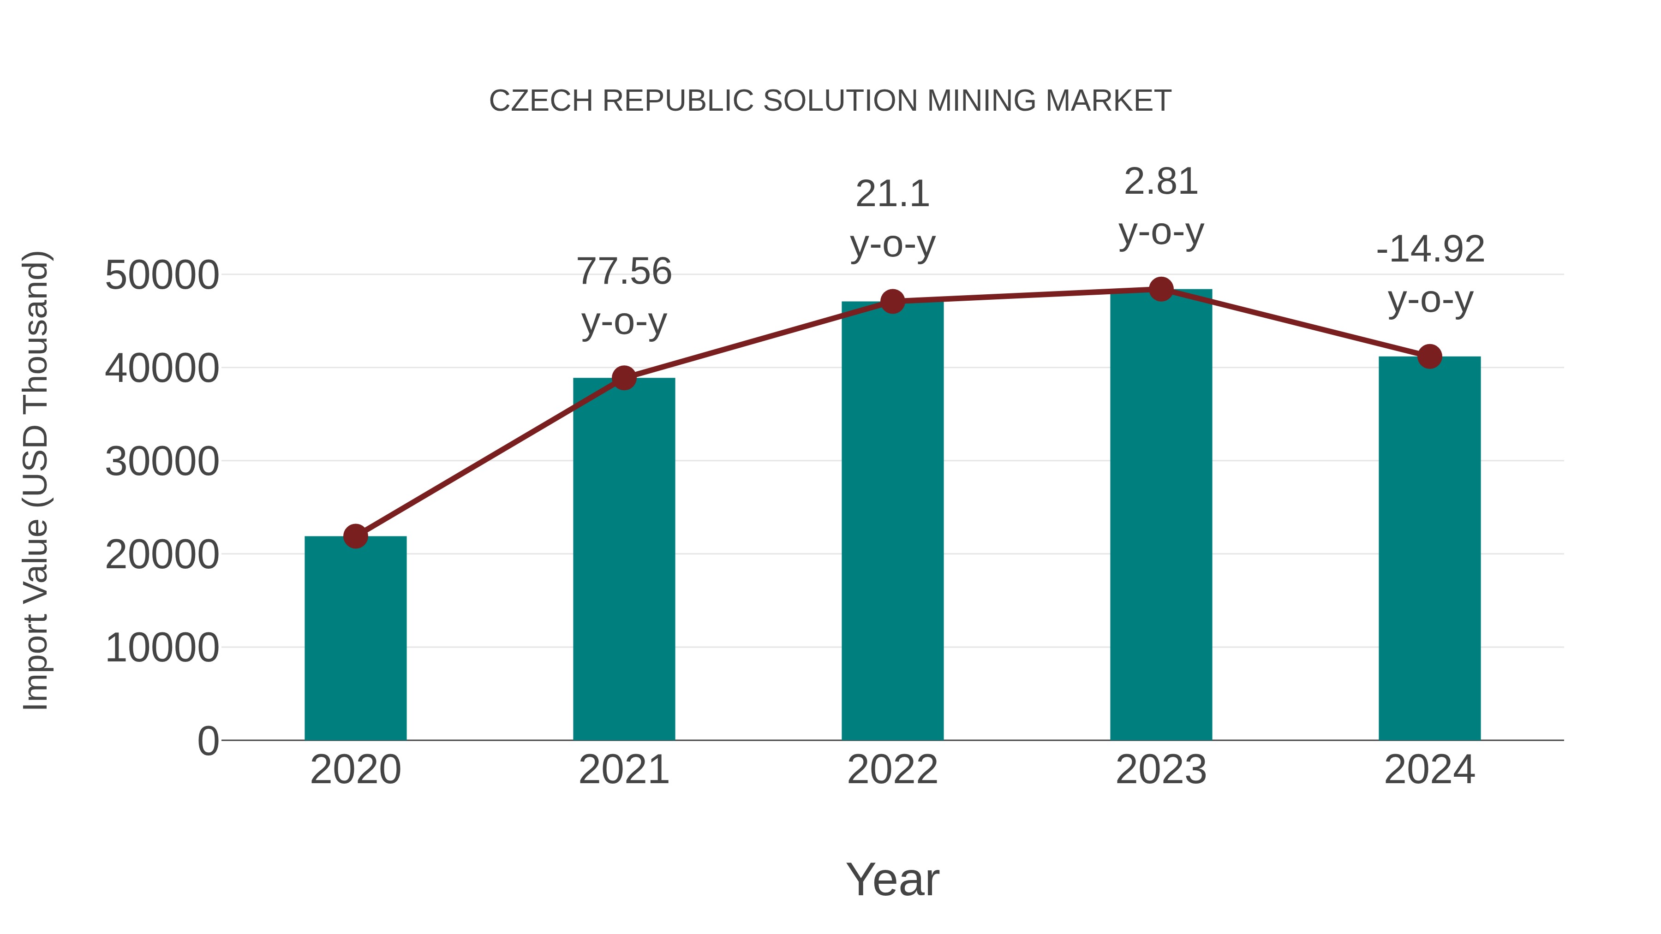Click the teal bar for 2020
[x=355, y=638]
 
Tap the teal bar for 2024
[x=1429, y=548]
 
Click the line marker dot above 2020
[x=355, y=535]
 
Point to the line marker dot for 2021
[x=624, y=378]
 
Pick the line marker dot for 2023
[x=1161, y=289]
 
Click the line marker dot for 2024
[x=1429, y=356]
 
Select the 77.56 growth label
[x=624, y=271]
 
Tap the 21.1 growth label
[x=892, y=194]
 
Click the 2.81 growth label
[x=1161, y=182]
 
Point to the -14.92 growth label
[x=1429, y=250]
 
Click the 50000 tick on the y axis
[x=162, y=275]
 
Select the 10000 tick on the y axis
[x=162, y=648]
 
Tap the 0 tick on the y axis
[x=208, y=741]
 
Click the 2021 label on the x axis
[x=624, y=770]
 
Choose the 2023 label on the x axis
[x=1161, y=770]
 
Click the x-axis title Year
[x=892, y=879]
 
